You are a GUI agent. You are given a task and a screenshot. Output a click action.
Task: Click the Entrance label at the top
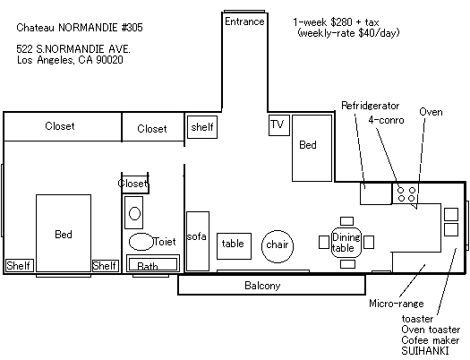[x=244, y=21]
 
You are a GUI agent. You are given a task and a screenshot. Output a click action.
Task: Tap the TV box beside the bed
[x=279, y=125]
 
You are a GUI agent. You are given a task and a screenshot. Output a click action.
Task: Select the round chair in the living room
[x=278, y=246]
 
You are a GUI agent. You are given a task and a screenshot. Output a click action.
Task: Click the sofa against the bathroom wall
[x=198, y=241]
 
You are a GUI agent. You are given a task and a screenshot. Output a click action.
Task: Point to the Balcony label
[x=262, y=286]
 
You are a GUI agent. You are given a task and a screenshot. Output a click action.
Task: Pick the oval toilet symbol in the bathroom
[x=141, y=242]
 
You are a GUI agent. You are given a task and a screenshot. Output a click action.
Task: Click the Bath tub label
[x=148, y=266]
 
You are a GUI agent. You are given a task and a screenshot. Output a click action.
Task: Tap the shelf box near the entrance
[x=202, y=127]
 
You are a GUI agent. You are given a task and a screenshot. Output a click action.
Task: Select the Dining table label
[x=346, y=243]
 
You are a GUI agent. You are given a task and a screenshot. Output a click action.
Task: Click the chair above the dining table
[x=346, y=221]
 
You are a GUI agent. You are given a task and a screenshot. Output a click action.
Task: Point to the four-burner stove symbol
[x=406, y=193]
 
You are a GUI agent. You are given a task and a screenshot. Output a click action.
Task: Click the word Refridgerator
[x=371, y=106]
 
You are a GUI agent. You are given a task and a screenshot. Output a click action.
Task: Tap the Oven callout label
[x=431, y=112]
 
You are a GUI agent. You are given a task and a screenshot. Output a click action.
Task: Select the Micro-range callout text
[x=397, y=304]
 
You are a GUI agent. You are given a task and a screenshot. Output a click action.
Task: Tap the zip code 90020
[x=109, y=60]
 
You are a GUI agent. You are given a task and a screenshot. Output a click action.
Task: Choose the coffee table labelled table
[x=234, y=246]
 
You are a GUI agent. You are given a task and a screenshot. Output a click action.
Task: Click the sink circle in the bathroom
[x=134, y=214]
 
